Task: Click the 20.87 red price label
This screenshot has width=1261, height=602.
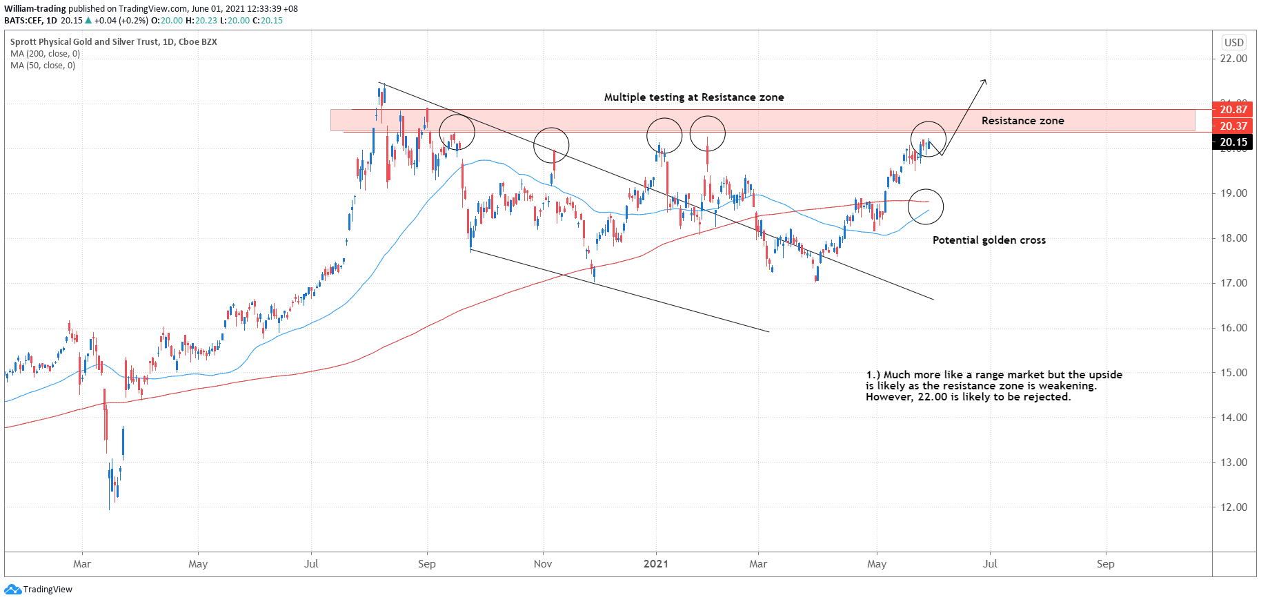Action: tap(1233, 110)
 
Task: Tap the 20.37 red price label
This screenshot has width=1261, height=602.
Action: tap(1233, 126)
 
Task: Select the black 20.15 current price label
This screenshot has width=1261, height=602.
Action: tap(1233, 142)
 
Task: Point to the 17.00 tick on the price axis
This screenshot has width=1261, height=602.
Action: tap(1233, 283)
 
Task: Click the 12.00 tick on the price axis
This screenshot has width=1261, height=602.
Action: tap(1233, 507)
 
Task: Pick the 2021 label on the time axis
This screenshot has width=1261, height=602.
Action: tap(656, 564)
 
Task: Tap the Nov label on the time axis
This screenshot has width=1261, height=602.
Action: tap(543, 564)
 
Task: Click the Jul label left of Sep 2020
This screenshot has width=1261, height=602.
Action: tap(311, 564)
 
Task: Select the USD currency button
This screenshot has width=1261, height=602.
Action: tap(1233, 42)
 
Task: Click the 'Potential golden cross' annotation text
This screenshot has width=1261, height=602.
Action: tap(989, 240)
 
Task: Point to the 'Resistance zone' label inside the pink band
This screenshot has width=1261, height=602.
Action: tap(1022, 121)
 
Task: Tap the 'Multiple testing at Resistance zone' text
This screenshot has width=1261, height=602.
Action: tap(694, 97)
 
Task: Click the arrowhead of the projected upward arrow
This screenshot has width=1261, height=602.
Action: tap(984, 82)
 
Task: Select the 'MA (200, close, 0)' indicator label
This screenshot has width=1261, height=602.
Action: tap(45, 54)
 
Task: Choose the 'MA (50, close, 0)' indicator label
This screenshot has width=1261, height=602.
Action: tap(43, 66)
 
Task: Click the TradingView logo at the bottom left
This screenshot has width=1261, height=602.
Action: tap(39, 590)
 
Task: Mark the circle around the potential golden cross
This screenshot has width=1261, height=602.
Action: tap(926, 206)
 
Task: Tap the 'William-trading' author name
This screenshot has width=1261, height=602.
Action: tap(35, 9)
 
